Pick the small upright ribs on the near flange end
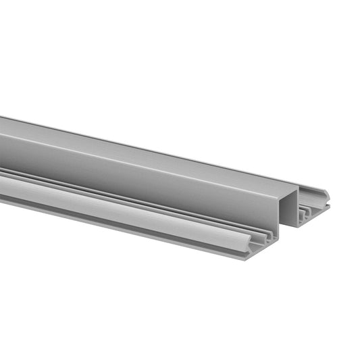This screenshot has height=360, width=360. click(269, 238)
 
